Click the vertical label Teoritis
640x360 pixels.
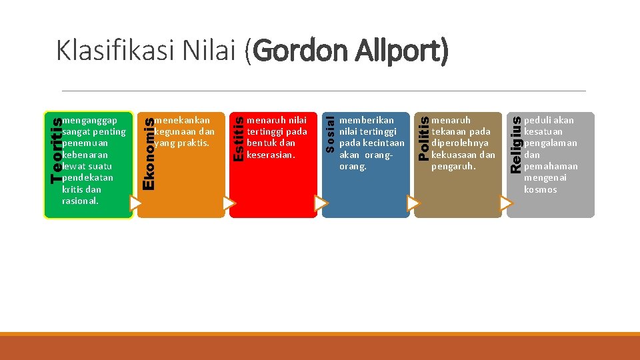56,149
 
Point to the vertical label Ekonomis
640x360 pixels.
149,153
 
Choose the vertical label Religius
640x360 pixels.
515,144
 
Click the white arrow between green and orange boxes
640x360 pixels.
136,203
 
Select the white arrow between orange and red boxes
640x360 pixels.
229,203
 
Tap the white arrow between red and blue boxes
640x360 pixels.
321,203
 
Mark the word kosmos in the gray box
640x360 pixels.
540,189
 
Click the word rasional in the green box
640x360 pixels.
80,201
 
